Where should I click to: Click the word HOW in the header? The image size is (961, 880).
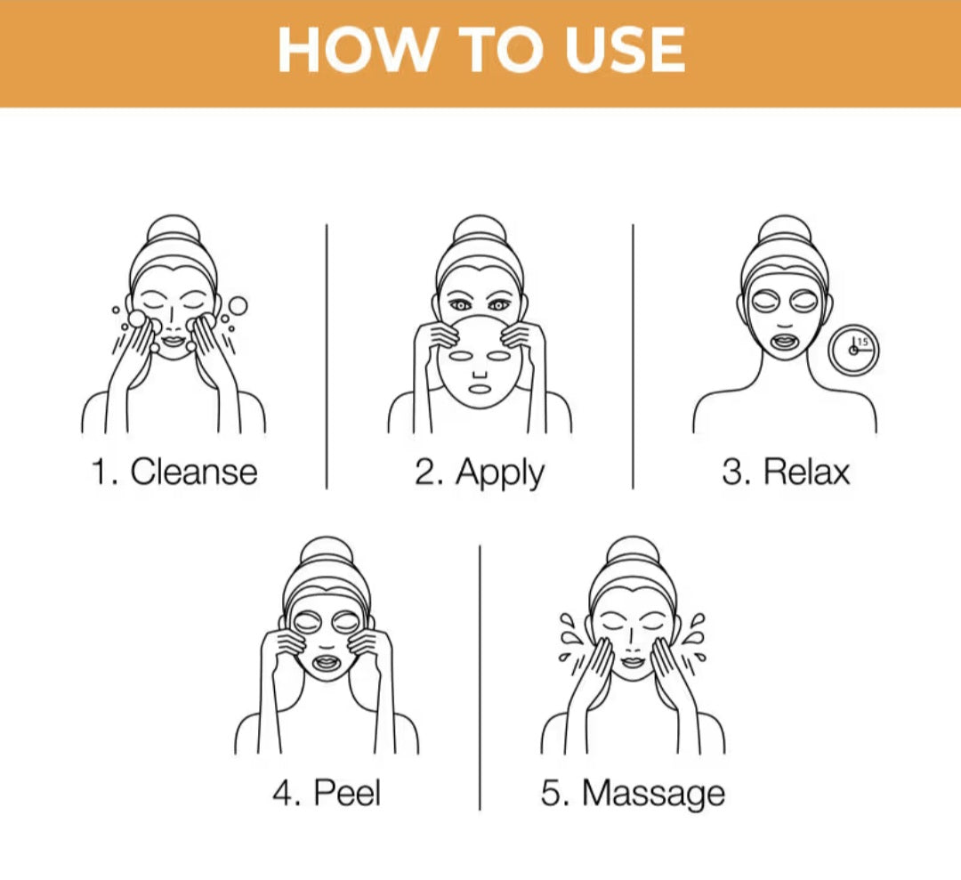pos(353,50)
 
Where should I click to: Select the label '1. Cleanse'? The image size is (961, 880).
pos(174,472)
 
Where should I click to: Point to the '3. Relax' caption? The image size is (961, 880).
pos(786,472)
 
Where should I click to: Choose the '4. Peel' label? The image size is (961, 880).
pos(327,793)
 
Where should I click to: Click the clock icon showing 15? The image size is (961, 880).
pos(853,351)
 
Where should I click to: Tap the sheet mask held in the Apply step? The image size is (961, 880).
pos(480,361)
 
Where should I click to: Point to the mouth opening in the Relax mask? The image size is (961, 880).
pos(785,342)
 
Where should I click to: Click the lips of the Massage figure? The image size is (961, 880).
pos(633,663)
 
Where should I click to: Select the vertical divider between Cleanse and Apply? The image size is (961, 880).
pos(327,357)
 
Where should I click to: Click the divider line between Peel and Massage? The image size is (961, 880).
pos(480,678)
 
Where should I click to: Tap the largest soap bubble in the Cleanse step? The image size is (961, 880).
pos(238,306)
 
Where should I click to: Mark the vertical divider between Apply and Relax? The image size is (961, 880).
pos(634,357)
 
